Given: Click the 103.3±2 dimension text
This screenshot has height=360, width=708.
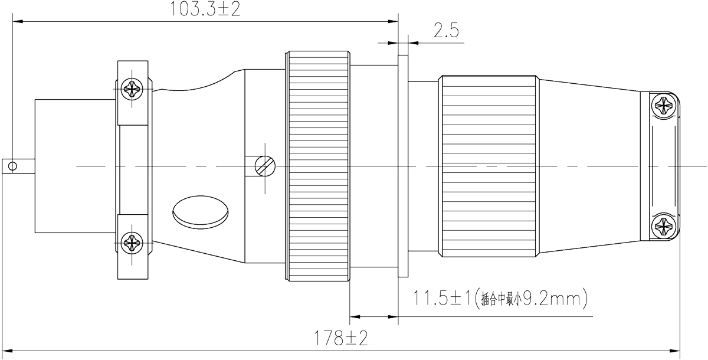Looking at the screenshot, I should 205,9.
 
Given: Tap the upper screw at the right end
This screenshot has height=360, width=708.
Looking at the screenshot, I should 664,107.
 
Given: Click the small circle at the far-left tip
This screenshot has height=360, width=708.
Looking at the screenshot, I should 10,166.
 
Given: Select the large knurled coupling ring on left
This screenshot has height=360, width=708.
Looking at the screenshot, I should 319,165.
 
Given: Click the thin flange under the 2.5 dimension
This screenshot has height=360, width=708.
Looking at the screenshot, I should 404,165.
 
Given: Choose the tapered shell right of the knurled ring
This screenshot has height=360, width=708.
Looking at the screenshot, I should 590,165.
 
